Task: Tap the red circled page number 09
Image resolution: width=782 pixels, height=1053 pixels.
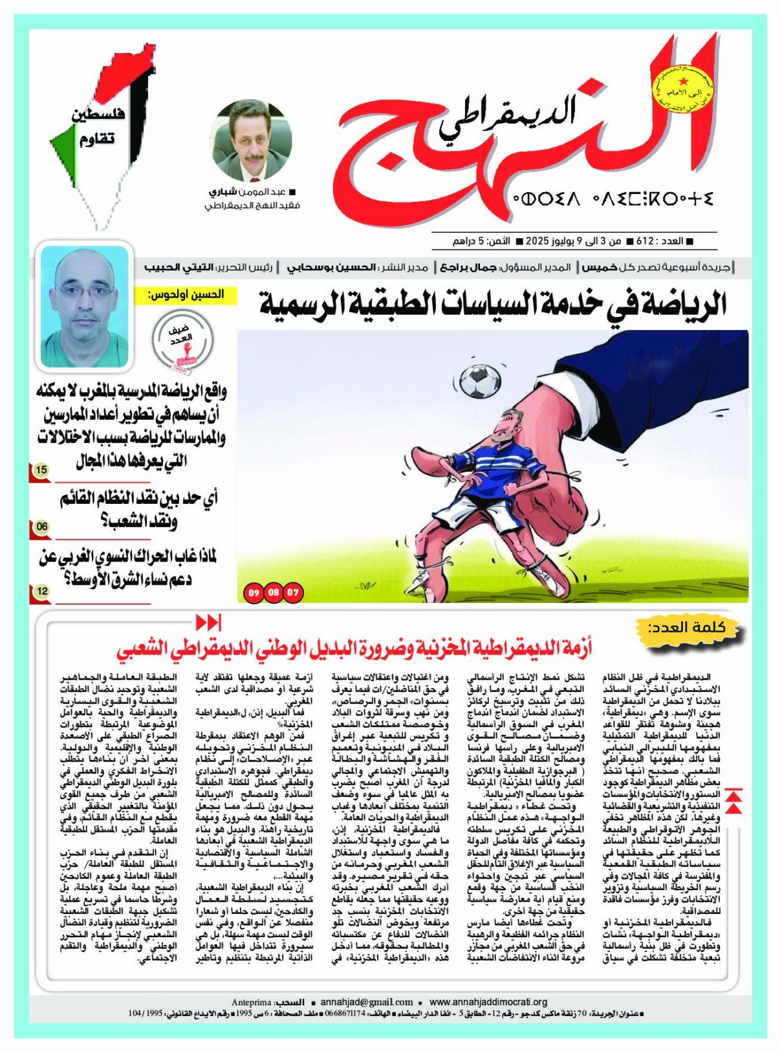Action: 253,592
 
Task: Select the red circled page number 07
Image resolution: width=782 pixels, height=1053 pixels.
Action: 294,592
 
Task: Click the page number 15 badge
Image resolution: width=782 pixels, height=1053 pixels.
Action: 41,470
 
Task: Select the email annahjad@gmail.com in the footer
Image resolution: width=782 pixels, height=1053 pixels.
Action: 367,1002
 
